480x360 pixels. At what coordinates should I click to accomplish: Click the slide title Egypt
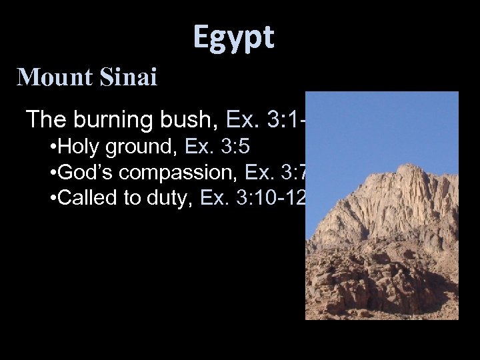(233, 38)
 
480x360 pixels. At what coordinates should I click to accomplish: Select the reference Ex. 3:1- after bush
(265, 120)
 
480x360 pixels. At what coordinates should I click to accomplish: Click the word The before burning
(44, 120)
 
